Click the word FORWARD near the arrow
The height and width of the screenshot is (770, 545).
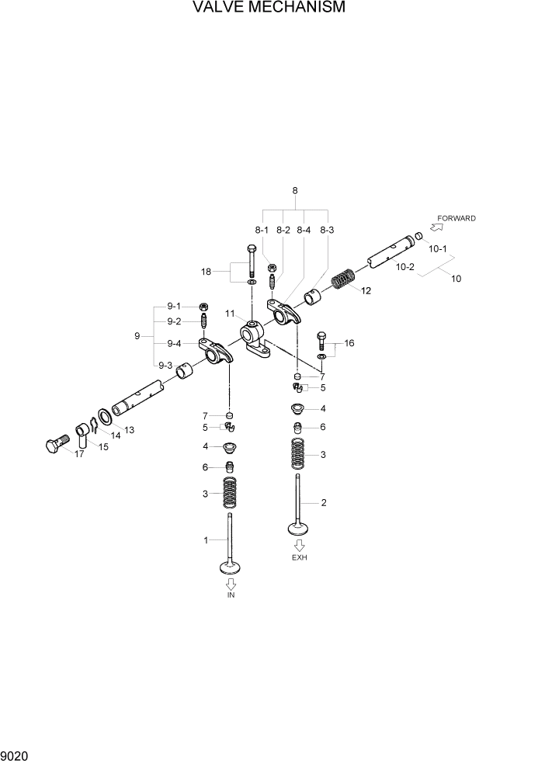[456, 218]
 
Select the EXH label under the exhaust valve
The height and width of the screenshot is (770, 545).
[299, 558]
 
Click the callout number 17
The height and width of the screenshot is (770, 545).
[79, 454]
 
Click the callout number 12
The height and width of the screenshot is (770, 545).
[366, 291]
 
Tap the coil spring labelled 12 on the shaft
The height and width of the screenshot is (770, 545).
[343, 279]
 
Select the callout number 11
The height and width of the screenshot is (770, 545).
[230, 313]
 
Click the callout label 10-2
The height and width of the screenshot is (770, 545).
[404, 266]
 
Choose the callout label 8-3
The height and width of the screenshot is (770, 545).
[327, 230]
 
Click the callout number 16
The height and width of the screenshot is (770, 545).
[349, 342]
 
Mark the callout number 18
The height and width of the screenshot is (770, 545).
[206, 271]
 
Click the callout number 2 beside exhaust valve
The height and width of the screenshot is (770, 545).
[323, 503]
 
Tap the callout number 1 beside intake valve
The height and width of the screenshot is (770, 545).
[206, 540]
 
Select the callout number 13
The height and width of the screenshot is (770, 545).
[129, 429]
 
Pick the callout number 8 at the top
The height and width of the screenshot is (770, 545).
[295, 190]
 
